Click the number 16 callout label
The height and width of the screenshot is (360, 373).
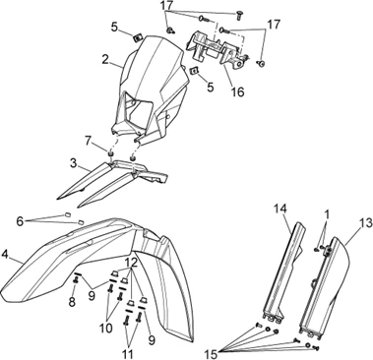[237, 91]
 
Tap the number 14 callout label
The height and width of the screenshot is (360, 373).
[280, 209]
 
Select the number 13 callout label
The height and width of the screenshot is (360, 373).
[365, 223]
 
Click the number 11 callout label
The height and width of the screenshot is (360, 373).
[128, 354]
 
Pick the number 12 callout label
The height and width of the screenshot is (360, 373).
[130, 262]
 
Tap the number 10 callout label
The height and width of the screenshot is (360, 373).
[106, 328]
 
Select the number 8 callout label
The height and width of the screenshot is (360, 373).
[72, 302]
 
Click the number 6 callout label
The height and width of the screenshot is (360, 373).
[20, 221]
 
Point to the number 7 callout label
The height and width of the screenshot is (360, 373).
[88, 142]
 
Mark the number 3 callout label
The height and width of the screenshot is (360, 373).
[74, 162]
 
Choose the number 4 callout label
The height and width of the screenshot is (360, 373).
[4, 254]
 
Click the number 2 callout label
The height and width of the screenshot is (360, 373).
[105, 59]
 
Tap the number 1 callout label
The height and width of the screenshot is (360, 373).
[327, 214]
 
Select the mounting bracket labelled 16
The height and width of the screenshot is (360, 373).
[217, 48]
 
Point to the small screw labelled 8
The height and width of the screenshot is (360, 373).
[76, 281]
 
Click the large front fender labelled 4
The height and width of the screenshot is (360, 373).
[98, 263]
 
